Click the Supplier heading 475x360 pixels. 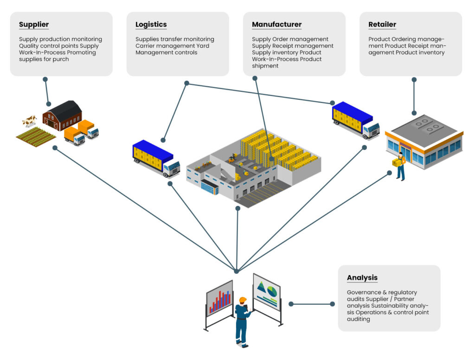pos(34,25)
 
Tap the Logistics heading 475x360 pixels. pos(151,25)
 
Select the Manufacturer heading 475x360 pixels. pos(276,25)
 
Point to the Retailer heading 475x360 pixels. pos(382,25)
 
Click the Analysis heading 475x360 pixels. pos(362,278)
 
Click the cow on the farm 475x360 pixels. pos(29,122)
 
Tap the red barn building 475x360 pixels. pos(62,115)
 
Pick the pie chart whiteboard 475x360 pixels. pos(267,291)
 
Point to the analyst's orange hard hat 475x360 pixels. pos(242,300)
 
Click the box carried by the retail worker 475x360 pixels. pos(397,162)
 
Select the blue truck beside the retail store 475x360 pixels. pos(355,120)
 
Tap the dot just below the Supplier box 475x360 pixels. pos(45,79)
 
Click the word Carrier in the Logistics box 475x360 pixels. pos(146,46)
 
